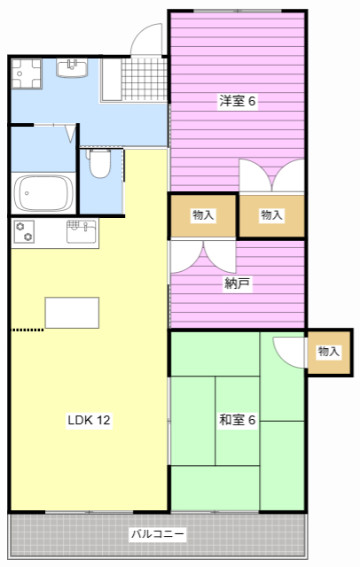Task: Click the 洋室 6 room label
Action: [x=237, y=101]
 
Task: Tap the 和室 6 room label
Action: [x=237, y=419]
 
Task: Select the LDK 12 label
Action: [x=89, y=420]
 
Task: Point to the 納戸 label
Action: [x=237, y=284]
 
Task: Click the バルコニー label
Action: [x=158, y=535]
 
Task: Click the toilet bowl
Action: [x=99, y=165]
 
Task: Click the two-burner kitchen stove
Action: [x=25, y=231]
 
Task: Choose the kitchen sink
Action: [x=81, y=231]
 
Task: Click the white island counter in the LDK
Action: [x=72, y=313]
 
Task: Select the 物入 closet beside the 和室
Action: [x=328, y=352]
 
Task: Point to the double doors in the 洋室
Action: [x=271, y=175]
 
